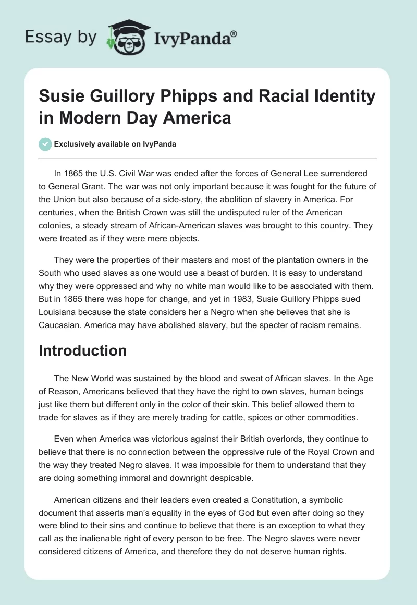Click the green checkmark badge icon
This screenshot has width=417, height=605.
point(45,144)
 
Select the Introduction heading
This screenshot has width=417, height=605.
point(82,350)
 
